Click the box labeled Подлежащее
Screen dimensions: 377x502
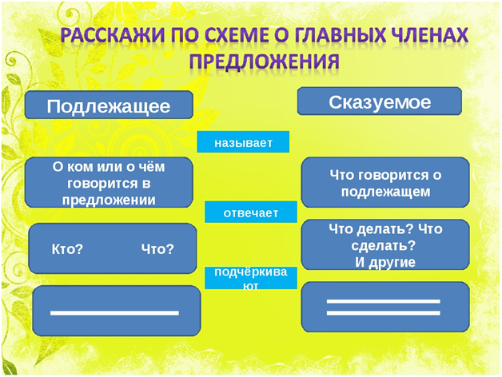click(109, 106)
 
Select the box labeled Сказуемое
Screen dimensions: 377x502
click(380, 102)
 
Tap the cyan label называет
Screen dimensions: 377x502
click(243, 143)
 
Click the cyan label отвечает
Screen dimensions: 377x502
click(250, 213)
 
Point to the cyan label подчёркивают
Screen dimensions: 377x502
click(250, 278)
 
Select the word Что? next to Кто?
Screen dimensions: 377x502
click(157, 249)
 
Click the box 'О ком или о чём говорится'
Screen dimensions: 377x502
click(109, 183)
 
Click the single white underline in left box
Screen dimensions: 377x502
click(114, 312)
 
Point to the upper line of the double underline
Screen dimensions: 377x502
click(384, 301)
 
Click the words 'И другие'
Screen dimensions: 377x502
click(384, 262)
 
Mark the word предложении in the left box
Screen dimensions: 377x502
click(109, 200)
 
